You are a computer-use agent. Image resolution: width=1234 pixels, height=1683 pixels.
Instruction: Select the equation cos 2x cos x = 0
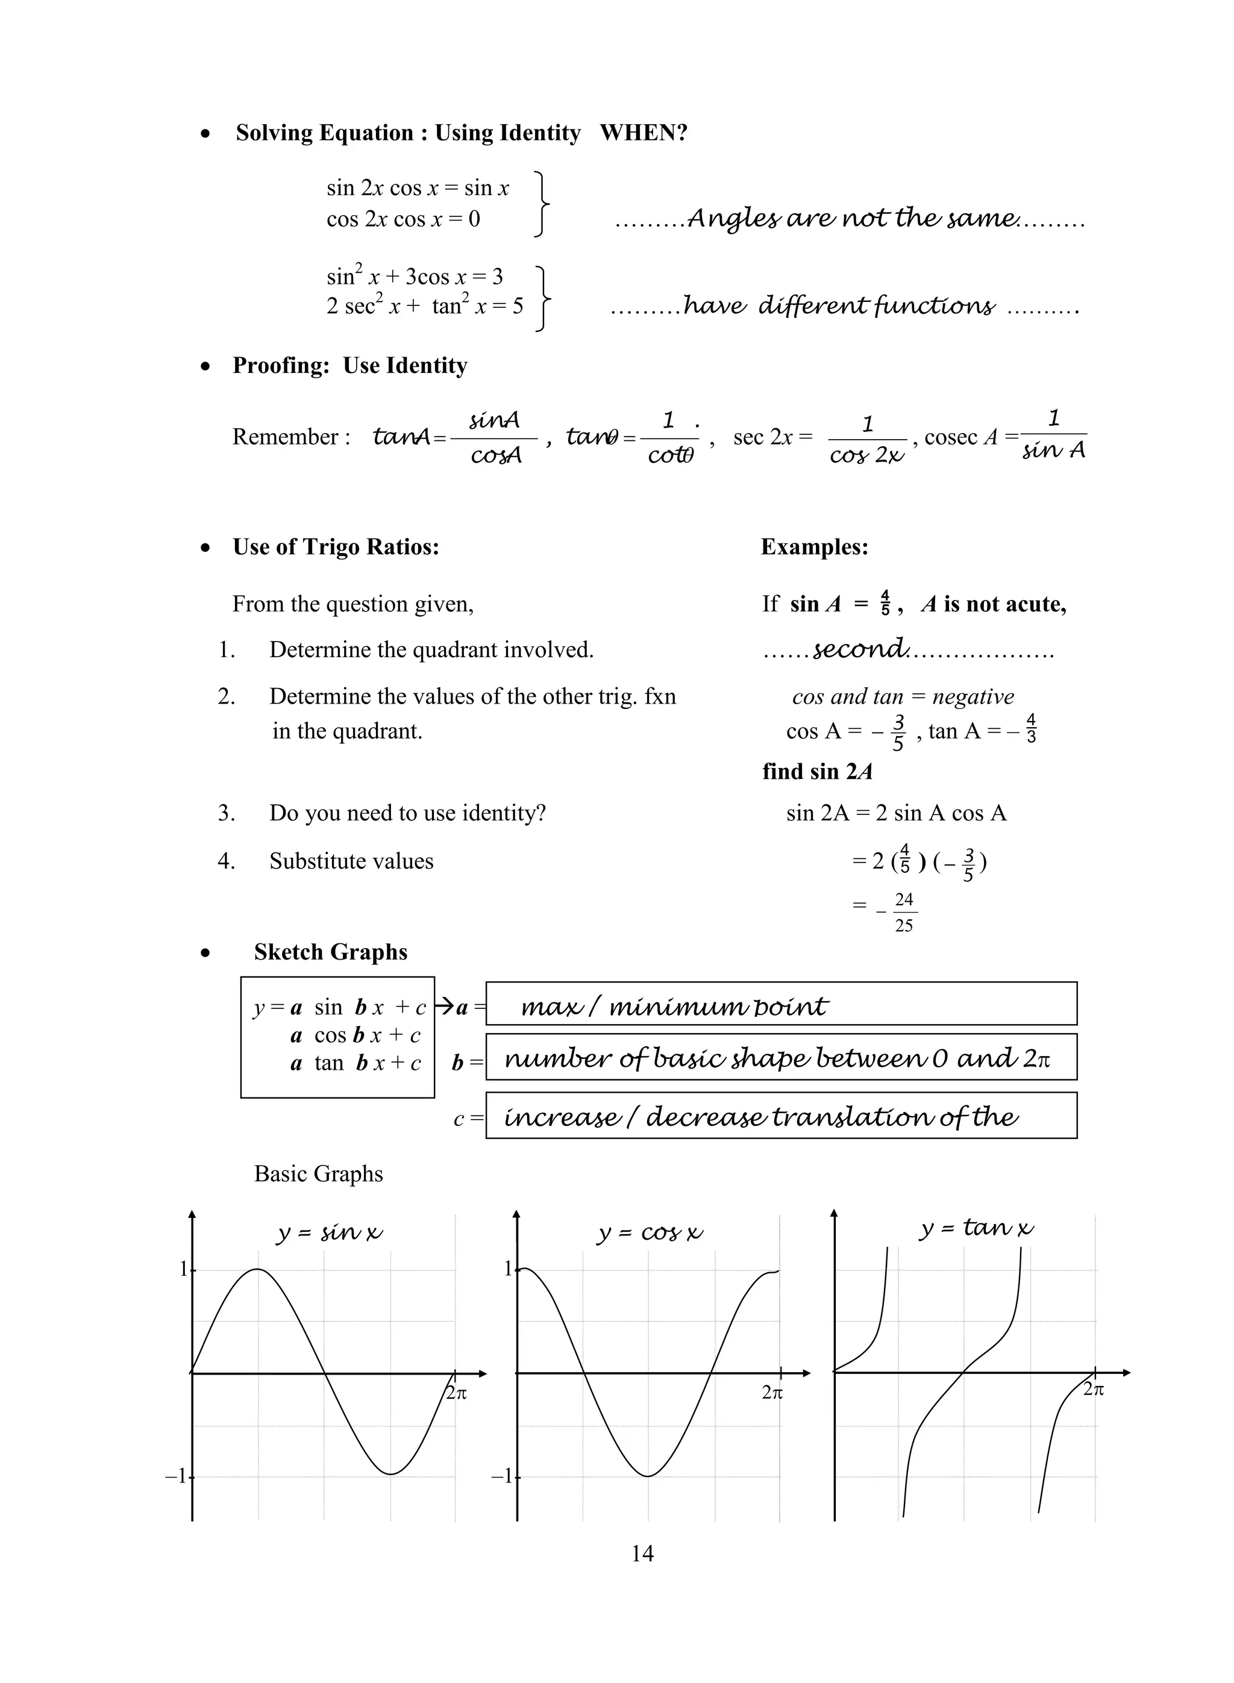click(x=402, y=219)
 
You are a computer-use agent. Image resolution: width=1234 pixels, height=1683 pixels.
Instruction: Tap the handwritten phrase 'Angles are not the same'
click(x=851, y=219)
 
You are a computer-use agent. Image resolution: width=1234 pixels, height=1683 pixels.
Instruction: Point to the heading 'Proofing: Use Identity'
click(x=349, y=365)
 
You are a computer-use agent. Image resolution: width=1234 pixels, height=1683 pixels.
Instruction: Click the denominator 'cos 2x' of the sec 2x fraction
click(x=866, y=455)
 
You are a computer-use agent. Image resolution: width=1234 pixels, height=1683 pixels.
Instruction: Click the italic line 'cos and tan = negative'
click(x=903, y=697)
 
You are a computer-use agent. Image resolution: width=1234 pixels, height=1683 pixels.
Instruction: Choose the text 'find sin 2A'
click(x=817, y=771)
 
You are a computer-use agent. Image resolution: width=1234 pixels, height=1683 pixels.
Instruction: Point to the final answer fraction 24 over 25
click(x=904, y=913)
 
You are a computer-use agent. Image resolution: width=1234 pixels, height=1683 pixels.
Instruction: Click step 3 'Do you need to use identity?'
click(x=407, y=813)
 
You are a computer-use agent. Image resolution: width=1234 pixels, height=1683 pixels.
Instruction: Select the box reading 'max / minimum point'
click(x=780, y=1004)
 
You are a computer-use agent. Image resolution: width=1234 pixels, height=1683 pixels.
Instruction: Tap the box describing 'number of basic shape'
click(x=780, y=1057)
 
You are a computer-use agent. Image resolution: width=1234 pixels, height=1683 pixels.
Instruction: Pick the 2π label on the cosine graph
click(x=772, y=1393)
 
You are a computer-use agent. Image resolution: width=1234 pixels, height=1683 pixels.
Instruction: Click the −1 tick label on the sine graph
click(x=177, y=1476)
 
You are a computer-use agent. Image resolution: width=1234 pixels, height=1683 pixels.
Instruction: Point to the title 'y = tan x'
click(x=976, y=1228)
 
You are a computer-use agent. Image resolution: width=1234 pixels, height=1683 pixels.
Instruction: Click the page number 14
click(x=642, y=1554)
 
